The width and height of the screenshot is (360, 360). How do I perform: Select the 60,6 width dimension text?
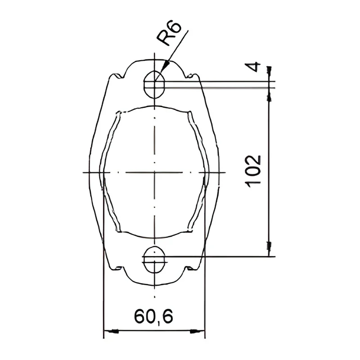(153, 316)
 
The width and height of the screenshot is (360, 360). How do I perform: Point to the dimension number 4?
(253, 67)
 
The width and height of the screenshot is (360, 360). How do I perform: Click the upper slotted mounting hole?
(154, 84)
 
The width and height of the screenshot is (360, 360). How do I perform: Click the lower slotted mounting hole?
(154, 260)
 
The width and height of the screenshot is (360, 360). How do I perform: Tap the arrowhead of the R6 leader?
(165, 66)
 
